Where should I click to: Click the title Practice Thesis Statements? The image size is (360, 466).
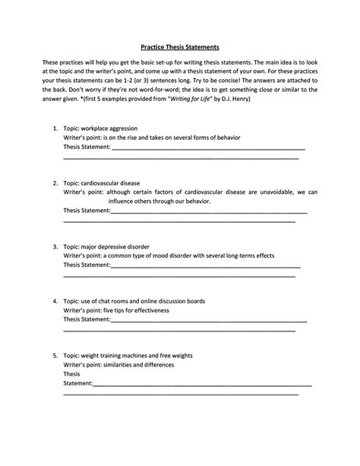[180, 45]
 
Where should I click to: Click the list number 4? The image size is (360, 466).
[55, 301]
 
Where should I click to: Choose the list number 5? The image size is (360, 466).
[55, 355]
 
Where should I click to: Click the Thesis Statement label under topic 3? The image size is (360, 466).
[87, 266]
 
